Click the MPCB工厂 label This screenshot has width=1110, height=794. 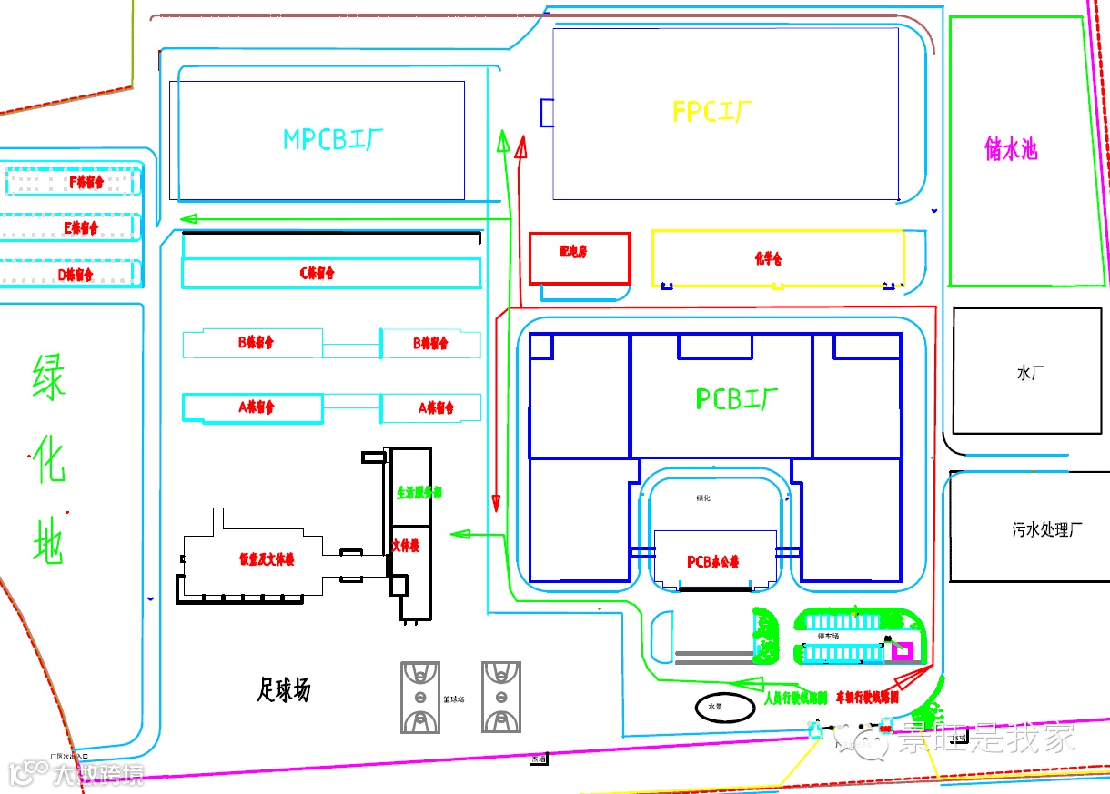(x=333, y=140)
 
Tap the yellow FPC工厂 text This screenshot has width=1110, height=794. (x=712, y=112)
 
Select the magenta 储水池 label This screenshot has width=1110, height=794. (x=1011, y=149)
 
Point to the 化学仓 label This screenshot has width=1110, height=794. (x=768, y=259)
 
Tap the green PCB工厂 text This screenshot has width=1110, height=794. (x=738, y=399)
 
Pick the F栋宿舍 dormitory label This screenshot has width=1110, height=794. (x=86, y=182)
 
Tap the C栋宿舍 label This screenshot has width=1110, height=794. (x=318, y=273)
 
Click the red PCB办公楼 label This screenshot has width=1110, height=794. (x=712, y=562)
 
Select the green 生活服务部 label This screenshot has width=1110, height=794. (x=419, y=493)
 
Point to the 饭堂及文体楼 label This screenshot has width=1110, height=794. (x=267, y=560)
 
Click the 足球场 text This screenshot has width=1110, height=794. (x=283, y=690)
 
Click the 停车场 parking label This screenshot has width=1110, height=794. (x=828, y=637)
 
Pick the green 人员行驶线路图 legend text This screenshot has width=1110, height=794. (x=795, y=699)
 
